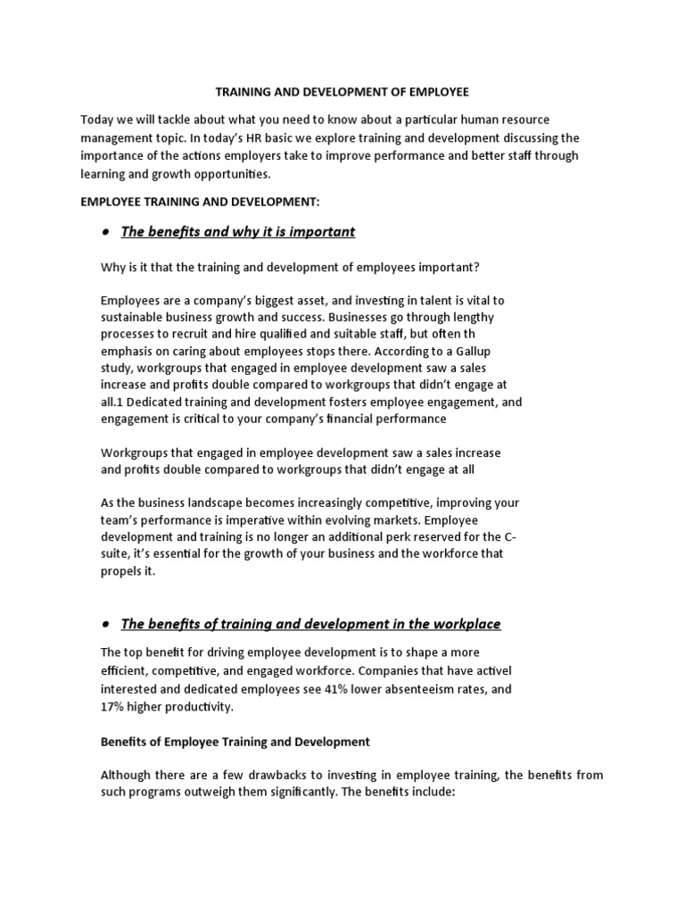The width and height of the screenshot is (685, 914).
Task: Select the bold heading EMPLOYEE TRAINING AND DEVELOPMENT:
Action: click(x=186, y=203)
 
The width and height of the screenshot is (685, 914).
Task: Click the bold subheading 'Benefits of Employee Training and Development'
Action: click(x=235, y=742)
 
